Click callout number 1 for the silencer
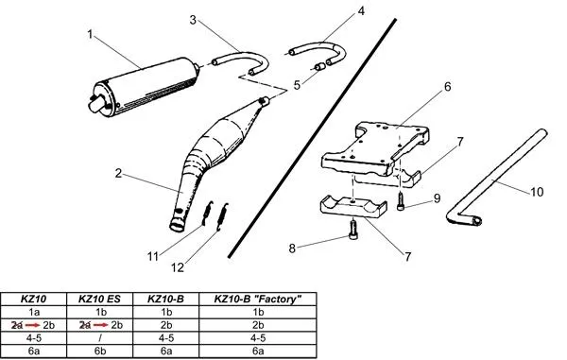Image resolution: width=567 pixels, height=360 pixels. click(x=91, y=34)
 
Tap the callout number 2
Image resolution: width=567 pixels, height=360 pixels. click(x=119, y=174)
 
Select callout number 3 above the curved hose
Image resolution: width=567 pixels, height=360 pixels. click(x=193, y=19)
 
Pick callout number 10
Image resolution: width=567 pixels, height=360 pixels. click(x=536, y=191)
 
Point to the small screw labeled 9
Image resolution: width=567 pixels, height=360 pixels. click(x=404, y=201)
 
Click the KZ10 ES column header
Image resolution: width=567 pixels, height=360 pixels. click(x=99, y=298)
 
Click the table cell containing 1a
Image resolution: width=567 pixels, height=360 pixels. click(x=34, y=311)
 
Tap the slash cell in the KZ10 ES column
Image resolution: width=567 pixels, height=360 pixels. click(x=99, y=337)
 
